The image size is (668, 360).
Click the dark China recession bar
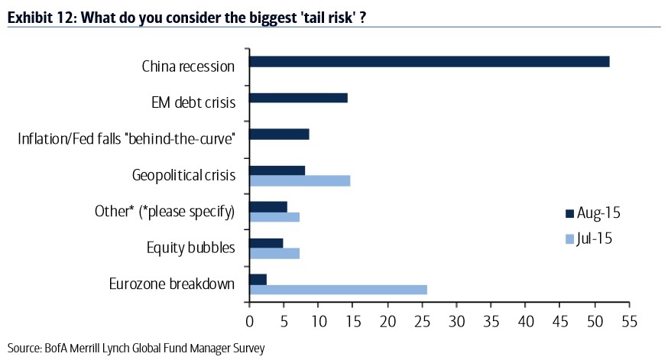click(429, 61)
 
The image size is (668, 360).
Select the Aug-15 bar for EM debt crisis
click(298, 98)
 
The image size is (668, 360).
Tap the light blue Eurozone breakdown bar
click(338, 290)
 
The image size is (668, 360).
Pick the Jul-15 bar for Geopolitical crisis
click(300, 180)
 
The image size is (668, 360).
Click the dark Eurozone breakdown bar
click(258, 279)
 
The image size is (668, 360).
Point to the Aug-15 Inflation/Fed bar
click(279, 135)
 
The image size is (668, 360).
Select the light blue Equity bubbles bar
click(274, 253)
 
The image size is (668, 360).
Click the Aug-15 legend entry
click(588, 213)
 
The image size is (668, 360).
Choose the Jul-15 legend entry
click(588, 238)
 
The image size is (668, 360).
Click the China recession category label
click(188, 66)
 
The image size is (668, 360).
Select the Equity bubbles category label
click(190, 248)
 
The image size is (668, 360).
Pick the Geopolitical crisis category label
click(183, 176)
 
